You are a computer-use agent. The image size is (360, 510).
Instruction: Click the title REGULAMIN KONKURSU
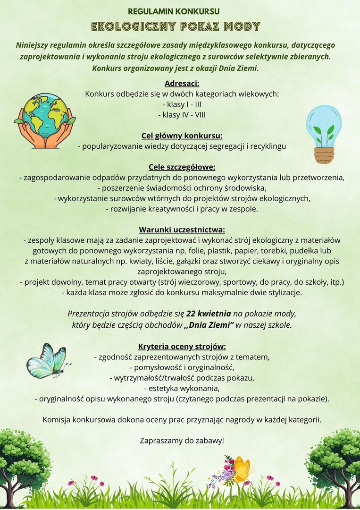(174, 11)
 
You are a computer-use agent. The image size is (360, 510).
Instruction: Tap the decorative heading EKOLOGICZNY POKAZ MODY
(176, 26)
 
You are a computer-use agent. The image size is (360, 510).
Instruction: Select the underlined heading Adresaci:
(182, 84)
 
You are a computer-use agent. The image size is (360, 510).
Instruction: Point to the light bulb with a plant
(324, 134)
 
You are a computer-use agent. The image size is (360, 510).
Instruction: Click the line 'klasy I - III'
(182, 104)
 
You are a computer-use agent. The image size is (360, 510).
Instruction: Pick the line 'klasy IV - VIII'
(182, 115)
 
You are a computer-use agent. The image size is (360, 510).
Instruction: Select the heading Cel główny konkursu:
(182, 136)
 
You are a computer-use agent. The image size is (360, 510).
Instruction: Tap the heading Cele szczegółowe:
(182, 167)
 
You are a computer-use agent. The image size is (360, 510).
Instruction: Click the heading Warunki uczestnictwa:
(182, 230)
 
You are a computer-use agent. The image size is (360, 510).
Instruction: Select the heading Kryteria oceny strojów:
(182, 346)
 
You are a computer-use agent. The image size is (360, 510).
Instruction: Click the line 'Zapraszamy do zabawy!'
(182, 441)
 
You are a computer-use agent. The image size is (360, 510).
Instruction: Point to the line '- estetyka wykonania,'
(182, 388)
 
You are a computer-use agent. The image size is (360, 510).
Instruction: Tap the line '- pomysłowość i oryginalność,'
(182, 367)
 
